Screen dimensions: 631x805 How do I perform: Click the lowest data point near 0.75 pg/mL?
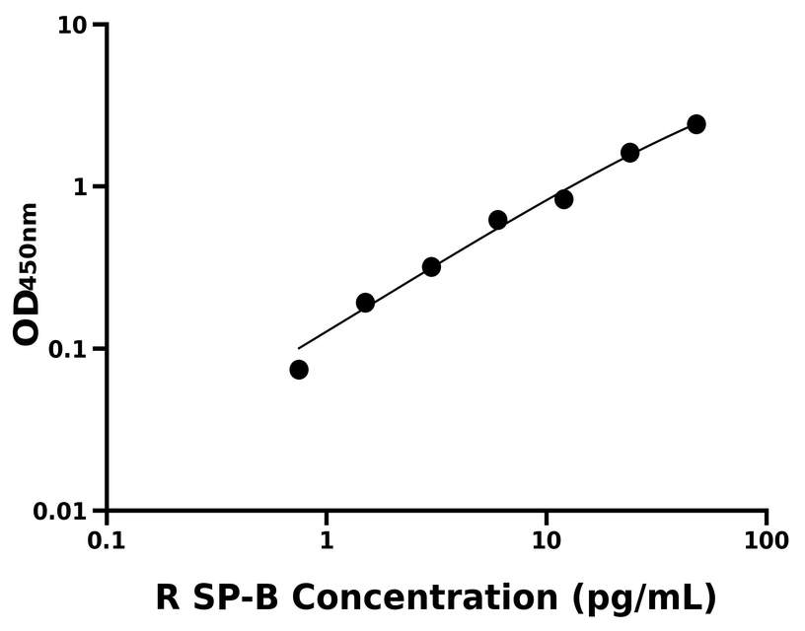tap(299, 370)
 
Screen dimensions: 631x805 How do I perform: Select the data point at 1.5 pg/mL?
tap(365, 303)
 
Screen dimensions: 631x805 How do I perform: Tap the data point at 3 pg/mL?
tap(431, 267)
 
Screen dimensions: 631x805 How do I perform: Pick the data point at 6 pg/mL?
tap(498, 220)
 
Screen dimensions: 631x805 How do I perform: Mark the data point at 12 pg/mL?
tap(564, 199)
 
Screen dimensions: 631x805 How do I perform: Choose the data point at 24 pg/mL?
tap(630, 153)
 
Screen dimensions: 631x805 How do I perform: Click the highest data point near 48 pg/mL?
tap(696, 124)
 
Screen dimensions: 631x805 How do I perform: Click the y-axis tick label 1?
tap(83, 187)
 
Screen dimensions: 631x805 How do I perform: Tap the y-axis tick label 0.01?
tap(62, 512)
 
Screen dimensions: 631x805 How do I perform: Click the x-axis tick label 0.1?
tap(107, 541)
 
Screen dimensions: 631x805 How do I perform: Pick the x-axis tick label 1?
tap(327, 541)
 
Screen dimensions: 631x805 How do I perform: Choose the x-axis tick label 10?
tap(547, 541)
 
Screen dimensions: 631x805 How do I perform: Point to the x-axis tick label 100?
tap(767, 541)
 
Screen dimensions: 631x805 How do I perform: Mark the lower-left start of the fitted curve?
tap(298, 348)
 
